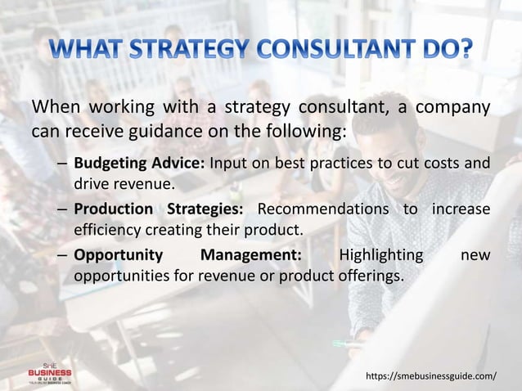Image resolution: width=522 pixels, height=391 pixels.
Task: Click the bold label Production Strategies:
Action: (x=160, y=209)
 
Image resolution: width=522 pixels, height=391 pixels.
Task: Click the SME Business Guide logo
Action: (x=50, y=372)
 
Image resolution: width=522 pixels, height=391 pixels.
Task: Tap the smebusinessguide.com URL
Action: (x=430, y=375)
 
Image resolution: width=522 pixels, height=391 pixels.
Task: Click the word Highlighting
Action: (x=380, y=255)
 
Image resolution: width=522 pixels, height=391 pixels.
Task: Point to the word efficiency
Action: (x=106, y=227)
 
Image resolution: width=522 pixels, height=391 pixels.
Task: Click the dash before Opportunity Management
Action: (x=62, y=255)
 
